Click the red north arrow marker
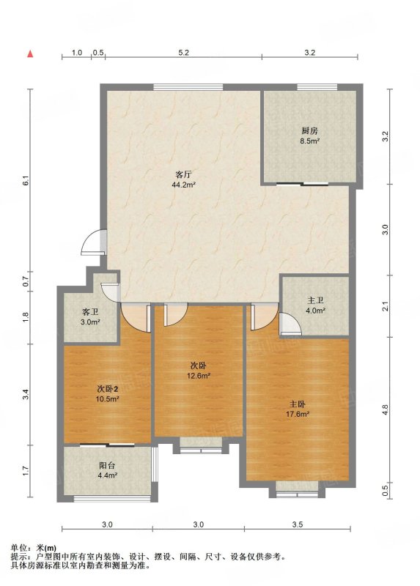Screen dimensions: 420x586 [x=30, y=54]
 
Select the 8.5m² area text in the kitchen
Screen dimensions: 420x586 [x=309, y=141]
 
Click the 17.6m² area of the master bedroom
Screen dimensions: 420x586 [x=298, y=414]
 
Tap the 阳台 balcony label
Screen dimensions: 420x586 [x=107, y=466]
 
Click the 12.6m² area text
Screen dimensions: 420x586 [x=198, y=376]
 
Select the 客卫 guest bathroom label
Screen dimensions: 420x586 [x=89, y=312]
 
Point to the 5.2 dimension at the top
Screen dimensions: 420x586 [x=183, y=53]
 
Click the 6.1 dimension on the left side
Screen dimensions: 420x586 [x=25, y=181]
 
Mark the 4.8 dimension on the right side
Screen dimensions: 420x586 [x=386, y=409]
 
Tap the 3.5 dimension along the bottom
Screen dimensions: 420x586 [x=298, y=524]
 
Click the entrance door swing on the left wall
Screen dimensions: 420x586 [x=94, y=242]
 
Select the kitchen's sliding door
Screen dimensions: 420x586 [x=303, y=184]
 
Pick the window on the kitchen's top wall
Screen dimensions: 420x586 [x=317, y=87]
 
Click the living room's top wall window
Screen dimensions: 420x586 [x=188, y=87]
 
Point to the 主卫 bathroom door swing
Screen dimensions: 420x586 [x=290, y=324]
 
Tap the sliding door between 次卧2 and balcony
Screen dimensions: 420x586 [x=107, y=445]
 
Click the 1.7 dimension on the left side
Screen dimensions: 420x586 [x=25, y=471]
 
